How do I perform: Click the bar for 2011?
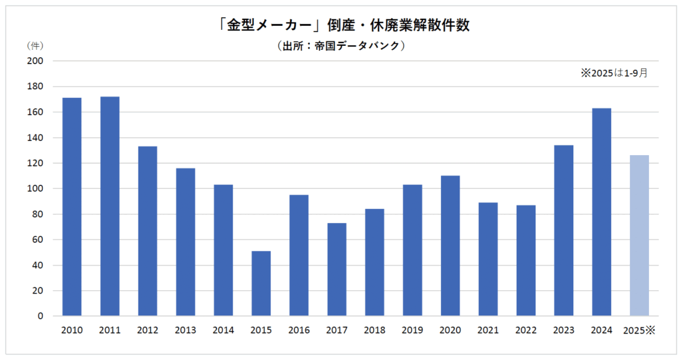click(x=110, y=206)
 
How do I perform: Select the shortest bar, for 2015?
click(x=261, y=283)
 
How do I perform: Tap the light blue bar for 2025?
click(x=639, y=236)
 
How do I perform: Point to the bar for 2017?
click(x=337, y=269)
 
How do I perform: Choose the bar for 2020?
click(x=450, y=246)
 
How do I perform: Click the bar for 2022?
click(x=525, y=260)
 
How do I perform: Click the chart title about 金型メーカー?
click(x=340, y=25)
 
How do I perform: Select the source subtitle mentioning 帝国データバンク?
click(x=340, y=46)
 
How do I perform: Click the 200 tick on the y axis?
click(x=34, y=61)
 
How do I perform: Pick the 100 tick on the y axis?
click(x=34, y=189)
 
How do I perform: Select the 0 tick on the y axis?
click(x=39, y=316)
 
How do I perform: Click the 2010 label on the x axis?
click(x=72, y=330)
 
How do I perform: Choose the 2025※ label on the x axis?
click(x=639, y=330)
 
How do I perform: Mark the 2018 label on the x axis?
click(x=374, y=330)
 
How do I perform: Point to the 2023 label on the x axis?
click(x=563, y=330)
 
